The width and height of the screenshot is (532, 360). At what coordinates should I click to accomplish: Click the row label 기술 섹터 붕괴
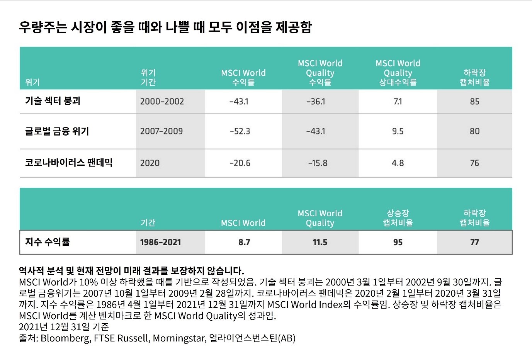tap(53, 101)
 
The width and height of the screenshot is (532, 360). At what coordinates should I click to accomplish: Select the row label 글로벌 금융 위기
tap(57, 131)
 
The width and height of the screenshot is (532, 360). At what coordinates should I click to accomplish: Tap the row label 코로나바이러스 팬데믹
tap(69, 163)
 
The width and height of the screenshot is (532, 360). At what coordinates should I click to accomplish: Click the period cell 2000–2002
tap(162, 102)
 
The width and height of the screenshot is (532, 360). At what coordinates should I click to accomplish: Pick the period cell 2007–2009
tap(161, 131)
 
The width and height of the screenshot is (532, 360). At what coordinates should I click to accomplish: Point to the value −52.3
tap(240, 131)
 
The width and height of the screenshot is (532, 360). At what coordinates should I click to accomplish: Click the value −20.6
tap(240, 163)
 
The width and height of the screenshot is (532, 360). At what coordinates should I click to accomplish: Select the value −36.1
tap(316, 102)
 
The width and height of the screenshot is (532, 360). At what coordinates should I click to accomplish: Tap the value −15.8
tap(318, 163)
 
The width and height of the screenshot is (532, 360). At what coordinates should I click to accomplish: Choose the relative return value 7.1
tap(398, 102)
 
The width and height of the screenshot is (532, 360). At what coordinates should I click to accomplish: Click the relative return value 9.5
tap(398, 131)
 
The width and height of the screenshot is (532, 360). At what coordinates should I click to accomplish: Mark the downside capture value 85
tap(474, 102)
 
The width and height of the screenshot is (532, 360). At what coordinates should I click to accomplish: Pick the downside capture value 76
tap(474, 163)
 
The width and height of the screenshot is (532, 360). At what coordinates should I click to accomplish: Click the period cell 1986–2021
tap(160, 242)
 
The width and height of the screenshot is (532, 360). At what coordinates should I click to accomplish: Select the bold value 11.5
tap(320, 242)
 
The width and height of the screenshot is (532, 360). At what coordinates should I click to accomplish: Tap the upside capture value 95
tap(398, 242)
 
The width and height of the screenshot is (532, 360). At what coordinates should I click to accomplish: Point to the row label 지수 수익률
tap(47, 242)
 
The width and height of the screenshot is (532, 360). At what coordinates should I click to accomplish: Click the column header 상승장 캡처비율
tap(398, 218)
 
